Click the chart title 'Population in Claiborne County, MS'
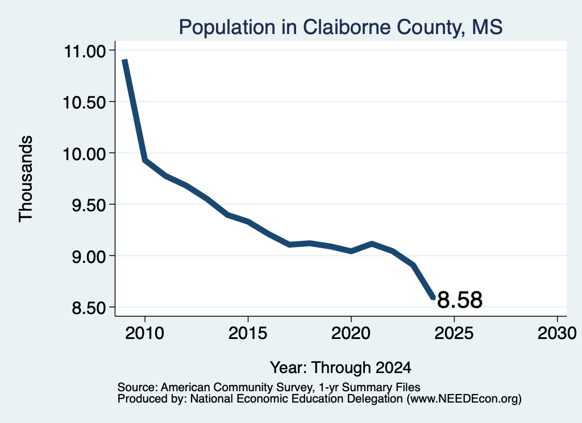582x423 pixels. click(x=341, y=27)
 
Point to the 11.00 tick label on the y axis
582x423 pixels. click(x=85, y=51)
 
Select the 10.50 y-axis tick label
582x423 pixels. click(x=85, y=102)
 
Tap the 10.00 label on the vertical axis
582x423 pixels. click(x=85, y=154)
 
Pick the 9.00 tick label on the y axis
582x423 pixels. click(x=89, y=257)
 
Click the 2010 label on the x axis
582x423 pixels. click(x=145, y=333)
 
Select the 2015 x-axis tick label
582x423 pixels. click(x=248, y=333)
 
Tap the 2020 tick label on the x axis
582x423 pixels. click(x=351, y=333)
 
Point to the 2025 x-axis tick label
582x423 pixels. click(x=454, y=333)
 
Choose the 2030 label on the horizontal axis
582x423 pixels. click(x=557, y=333)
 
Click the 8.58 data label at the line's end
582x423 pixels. click(x=460, y=300)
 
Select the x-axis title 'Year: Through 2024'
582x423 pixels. click(x=341, y=368)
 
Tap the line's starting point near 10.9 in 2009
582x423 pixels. click(x=124, y=60)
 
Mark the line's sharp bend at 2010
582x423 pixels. click(x=145, y=160)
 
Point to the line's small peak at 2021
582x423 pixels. click(x=372, y=244)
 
